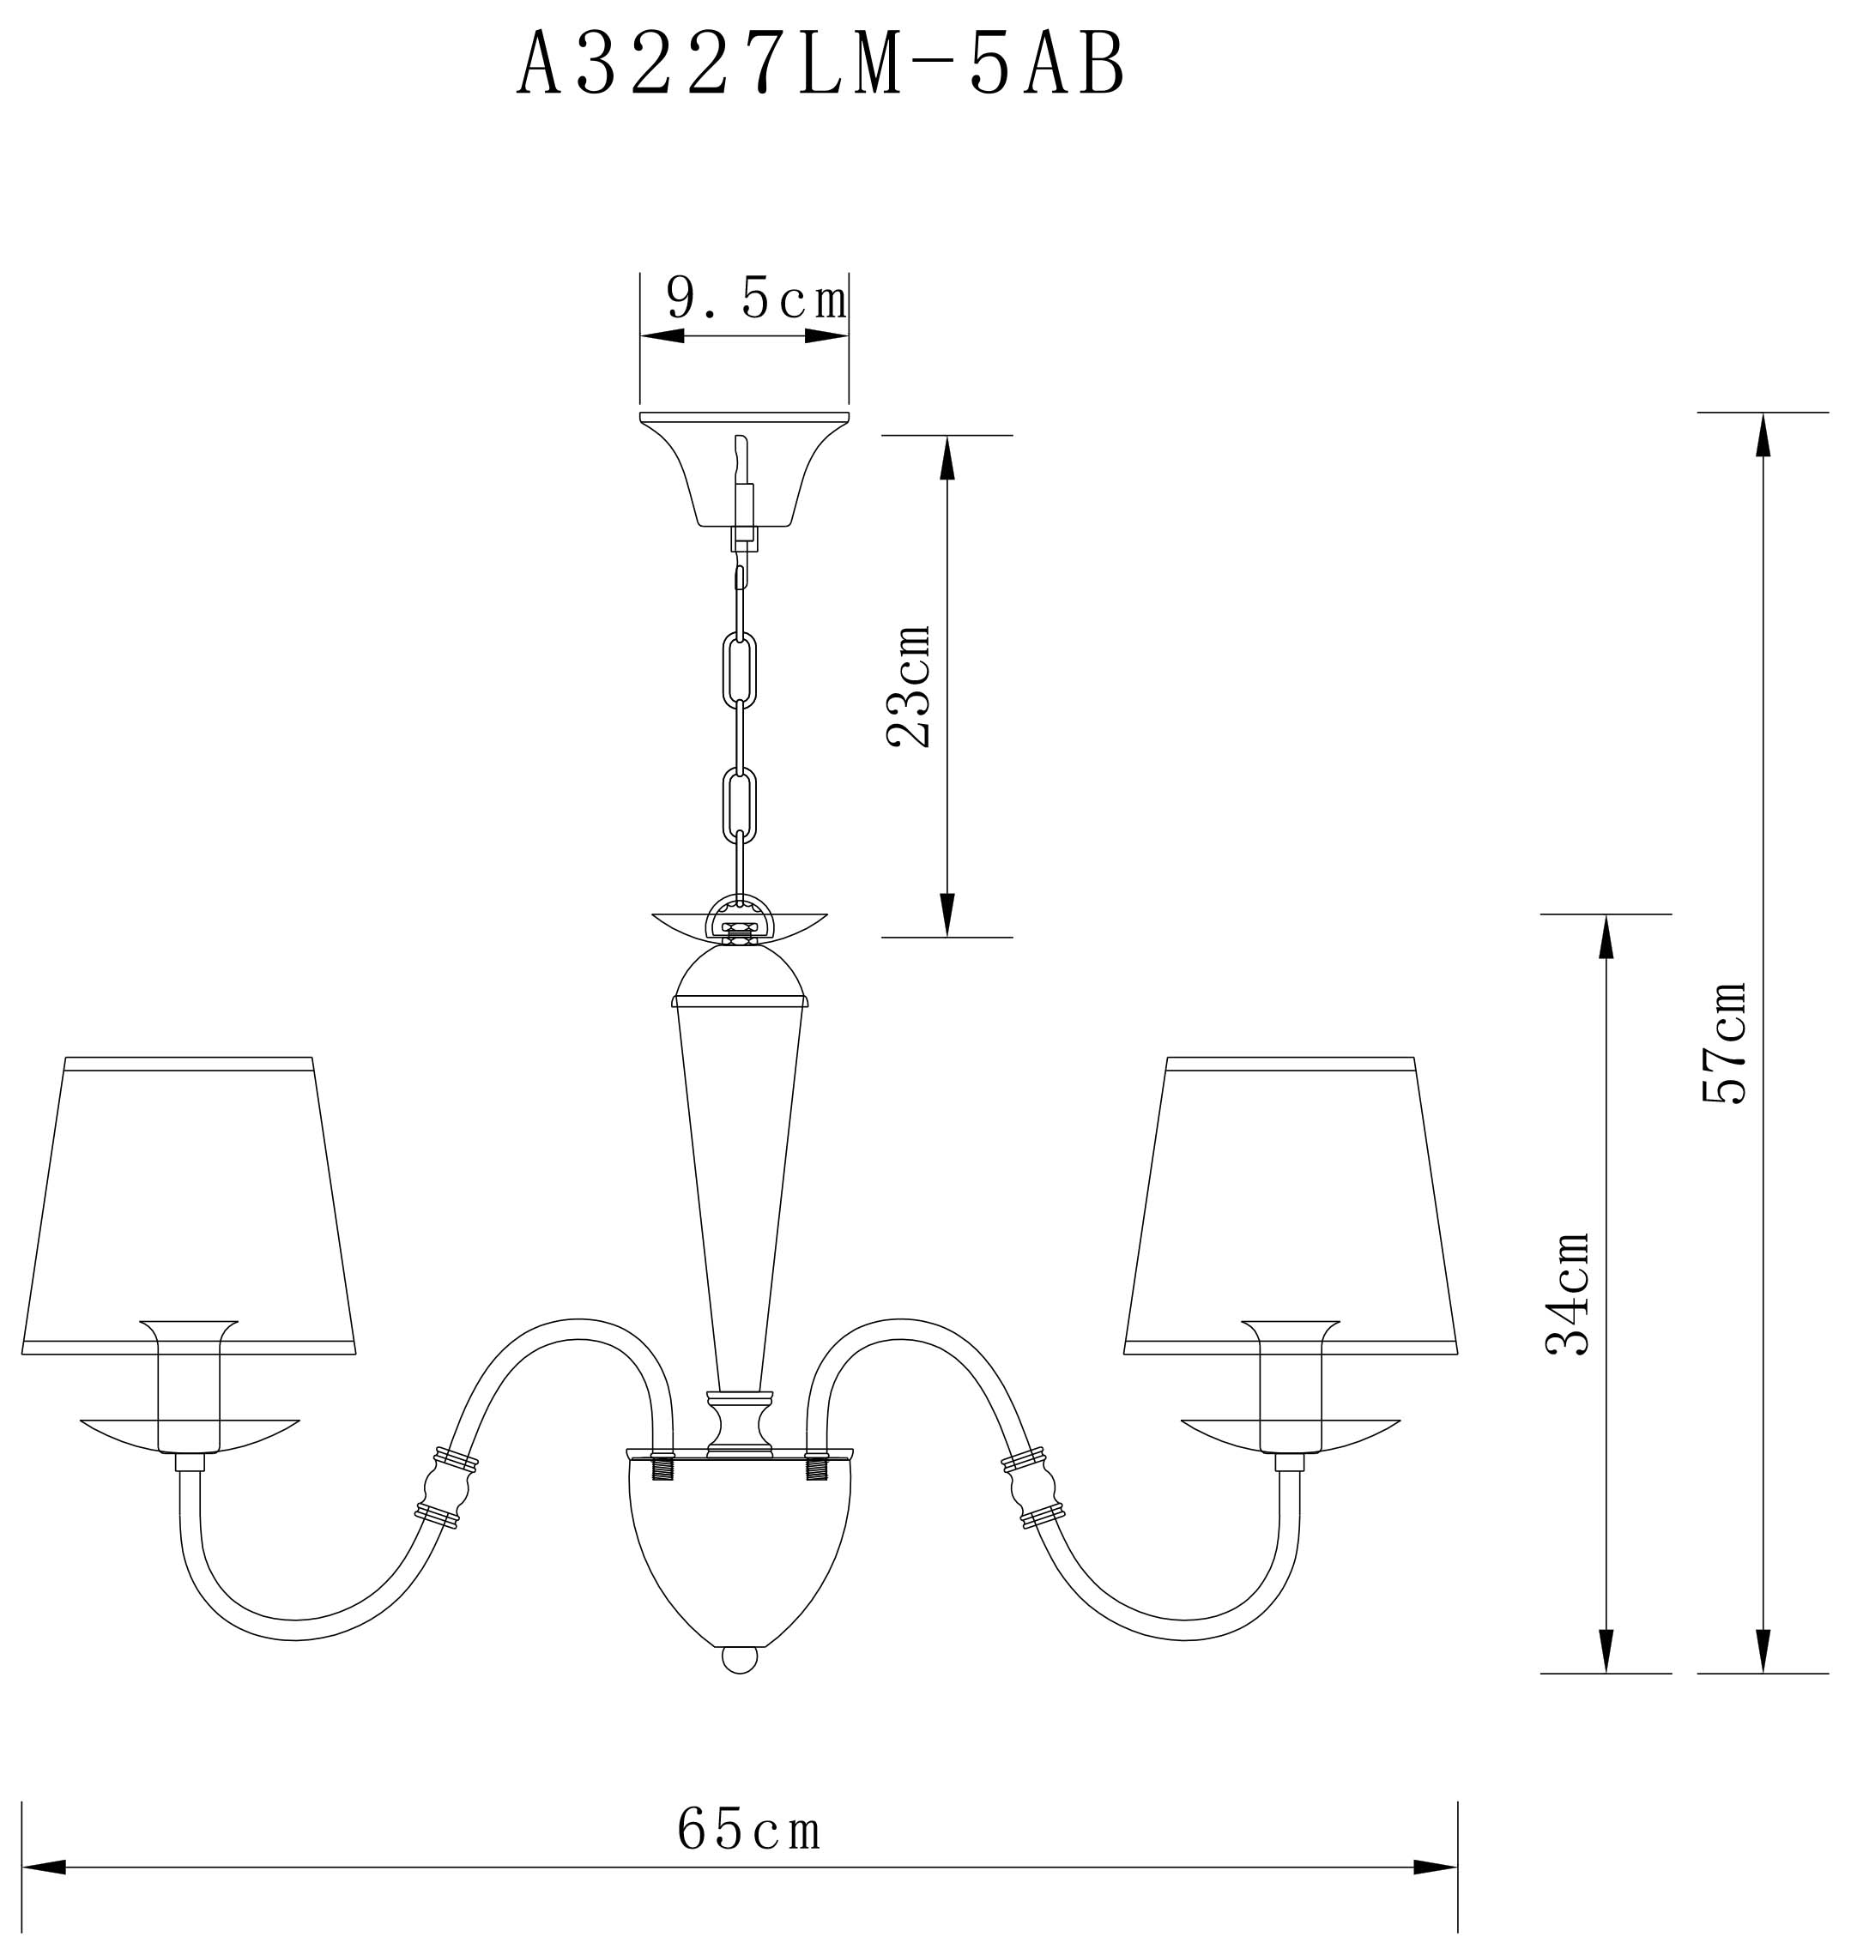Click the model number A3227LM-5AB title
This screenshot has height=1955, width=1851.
(x=821, y=64)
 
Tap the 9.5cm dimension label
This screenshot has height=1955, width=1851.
(x=757, y=298)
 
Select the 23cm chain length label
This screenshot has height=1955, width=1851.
(x=909, y=686)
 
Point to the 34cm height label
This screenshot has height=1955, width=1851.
(x=1568, y=1294)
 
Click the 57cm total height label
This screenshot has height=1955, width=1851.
(x=1725, y=1042)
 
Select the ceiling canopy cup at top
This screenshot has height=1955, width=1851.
(x=744, y=469)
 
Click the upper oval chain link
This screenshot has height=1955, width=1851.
(x=740, y=671)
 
